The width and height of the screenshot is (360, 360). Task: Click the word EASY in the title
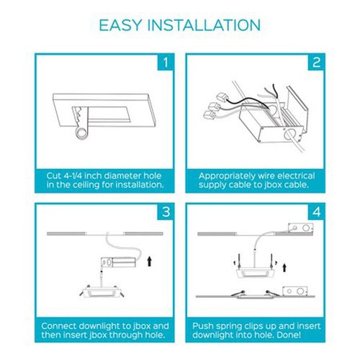click(x=120, y=25)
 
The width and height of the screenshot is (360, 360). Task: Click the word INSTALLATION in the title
click(x=204, y=25)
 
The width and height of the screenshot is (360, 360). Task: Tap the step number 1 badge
click(x=166, y=62)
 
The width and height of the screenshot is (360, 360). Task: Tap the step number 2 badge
click(x=316, y=62)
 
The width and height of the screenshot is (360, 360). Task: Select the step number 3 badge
click(x=166, y=212)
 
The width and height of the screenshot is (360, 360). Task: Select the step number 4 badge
click(x=316, y=212)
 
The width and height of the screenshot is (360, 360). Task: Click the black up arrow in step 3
click(x=150, y=261)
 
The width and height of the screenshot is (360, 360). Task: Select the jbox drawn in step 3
click(x=119, y=262)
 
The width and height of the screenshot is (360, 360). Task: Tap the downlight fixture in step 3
click(x=102, y=292)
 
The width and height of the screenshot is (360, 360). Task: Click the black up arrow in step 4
click(x=284, y=267)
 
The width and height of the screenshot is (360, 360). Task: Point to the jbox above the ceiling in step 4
click(x=301, y=228)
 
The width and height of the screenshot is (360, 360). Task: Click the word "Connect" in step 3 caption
click(x=58, y=326)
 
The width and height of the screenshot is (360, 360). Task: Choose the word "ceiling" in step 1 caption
click(x=85, y=185)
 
